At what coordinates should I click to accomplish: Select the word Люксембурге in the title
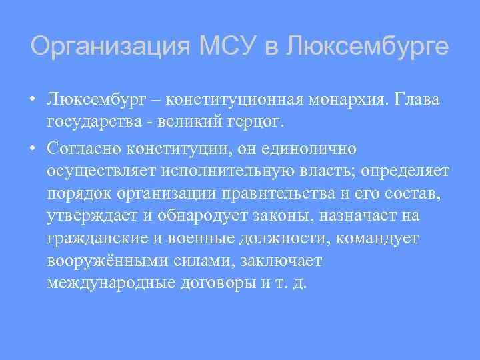click(367, 47)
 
